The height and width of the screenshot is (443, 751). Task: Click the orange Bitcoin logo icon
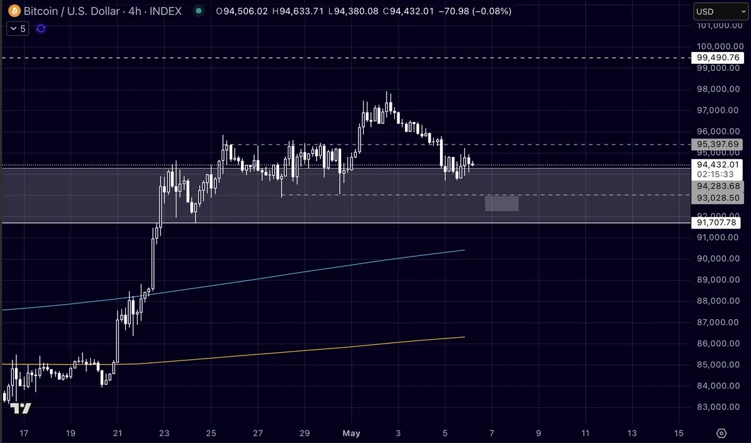point(13,11)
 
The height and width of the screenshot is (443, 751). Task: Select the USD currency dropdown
point(719,11)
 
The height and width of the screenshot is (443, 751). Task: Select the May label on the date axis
point(350,433)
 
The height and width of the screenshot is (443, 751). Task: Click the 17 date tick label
point(24,433)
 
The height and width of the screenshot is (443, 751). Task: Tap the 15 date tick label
point(679,433)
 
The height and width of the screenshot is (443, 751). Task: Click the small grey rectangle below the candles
point(502,203)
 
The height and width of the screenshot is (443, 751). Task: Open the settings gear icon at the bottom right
point(722,433)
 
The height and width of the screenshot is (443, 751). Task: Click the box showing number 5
point(18,29)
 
